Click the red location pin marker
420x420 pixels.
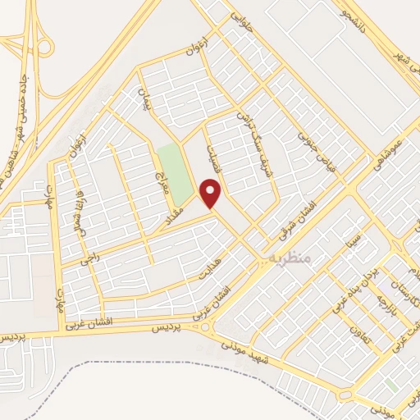tap(212, 194)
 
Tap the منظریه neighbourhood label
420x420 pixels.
tap(290, 257)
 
